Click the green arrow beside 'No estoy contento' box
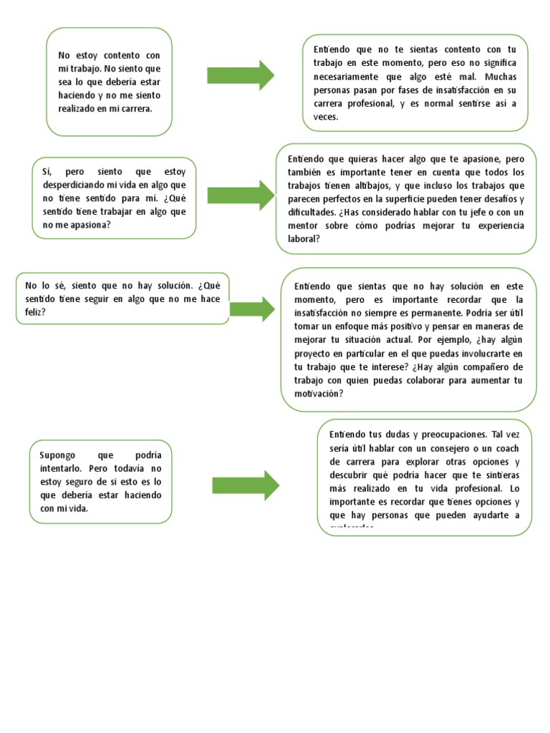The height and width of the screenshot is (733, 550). point(241,76)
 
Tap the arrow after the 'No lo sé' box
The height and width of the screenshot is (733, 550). point(252,309)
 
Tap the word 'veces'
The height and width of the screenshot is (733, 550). point(326,117)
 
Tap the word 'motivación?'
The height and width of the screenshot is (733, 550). point(319,394)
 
